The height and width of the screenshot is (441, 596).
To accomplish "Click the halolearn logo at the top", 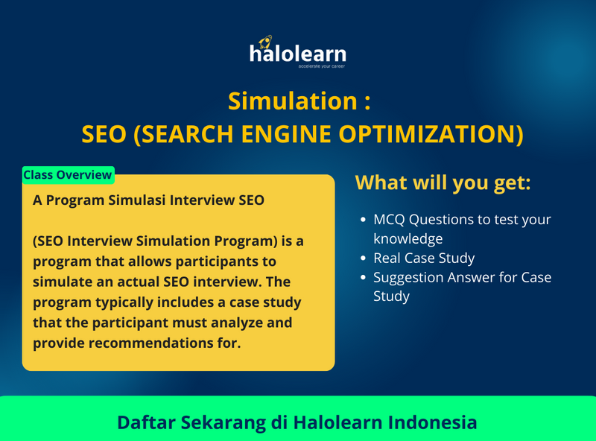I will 297,54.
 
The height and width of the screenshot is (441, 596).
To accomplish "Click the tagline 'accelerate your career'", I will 322,66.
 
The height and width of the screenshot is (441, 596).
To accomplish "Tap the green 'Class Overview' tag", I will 68,175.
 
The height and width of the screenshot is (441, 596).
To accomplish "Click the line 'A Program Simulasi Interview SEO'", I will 148,201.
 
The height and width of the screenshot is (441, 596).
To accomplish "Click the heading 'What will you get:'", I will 443,182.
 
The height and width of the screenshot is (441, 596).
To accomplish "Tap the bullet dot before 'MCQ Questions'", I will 363,220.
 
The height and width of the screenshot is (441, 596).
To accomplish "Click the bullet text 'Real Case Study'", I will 424,258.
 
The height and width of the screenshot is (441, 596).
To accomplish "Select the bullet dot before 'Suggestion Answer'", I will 363,278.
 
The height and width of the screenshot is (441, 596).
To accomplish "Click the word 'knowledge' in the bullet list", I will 408,239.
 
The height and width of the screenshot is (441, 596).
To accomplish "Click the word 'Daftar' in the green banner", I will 147,422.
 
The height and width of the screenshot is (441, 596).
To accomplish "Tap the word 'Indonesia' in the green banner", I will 433,422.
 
